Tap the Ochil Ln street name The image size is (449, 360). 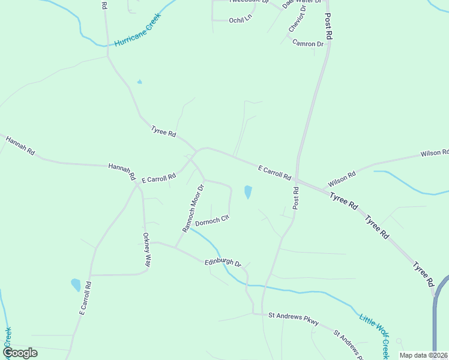click(x=240, y=20)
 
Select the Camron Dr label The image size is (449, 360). click(x=308, y=44)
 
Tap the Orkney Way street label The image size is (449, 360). click(x=146, y=249)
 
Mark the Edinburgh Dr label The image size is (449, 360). click(x=222, y=263)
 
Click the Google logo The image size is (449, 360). click(x=20, y=353)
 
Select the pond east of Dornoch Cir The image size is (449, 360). click(x=248, y=192)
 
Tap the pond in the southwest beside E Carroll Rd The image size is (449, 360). click(x=76, y=284)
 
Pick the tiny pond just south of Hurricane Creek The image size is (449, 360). click(x=140, y=82)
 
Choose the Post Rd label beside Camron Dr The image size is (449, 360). click(x=329, y=26)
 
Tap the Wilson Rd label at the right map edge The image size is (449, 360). click(x=435, y=154)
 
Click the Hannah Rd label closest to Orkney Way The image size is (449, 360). click(x=122, y=172)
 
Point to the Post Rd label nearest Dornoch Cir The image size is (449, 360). click(x=296, y=198)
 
